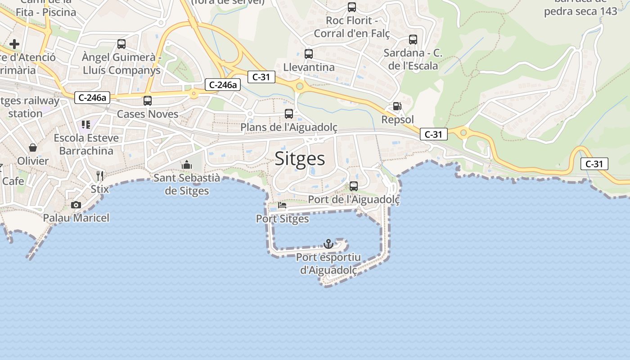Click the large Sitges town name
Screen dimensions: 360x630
(300, 159)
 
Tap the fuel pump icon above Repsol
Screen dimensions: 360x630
(397, 106)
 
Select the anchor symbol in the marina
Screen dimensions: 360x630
(328, 244)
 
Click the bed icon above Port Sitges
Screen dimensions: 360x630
(282, 205)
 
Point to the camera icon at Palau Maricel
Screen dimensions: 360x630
(76, 205)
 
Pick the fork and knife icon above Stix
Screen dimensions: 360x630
(100, 175)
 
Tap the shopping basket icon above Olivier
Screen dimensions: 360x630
(33, 147)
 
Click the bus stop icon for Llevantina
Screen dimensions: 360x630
(309, 54)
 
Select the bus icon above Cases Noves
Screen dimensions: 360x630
(148, 101)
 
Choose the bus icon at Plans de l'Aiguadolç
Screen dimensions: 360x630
(289, 114)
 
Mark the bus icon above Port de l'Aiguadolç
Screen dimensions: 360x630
(354, 186)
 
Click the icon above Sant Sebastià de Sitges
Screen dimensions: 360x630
(187, 165)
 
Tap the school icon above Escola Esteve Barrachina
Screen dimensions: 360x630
(86, 124)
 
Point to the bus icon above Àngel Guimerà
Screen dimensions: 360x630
(121, 44)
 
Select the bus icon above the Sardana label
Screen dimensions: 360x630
(413, 40)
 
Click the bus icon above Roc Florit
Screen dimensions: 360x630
(352, 7)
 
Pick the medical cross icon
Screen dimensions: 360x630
(14, 44)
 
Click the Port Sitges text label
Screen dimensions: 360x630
(283, 219)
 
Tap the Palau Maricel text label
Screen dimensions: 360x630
(76, 218)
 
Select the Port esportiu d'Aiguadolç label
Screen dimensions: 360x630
(328, 264)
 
